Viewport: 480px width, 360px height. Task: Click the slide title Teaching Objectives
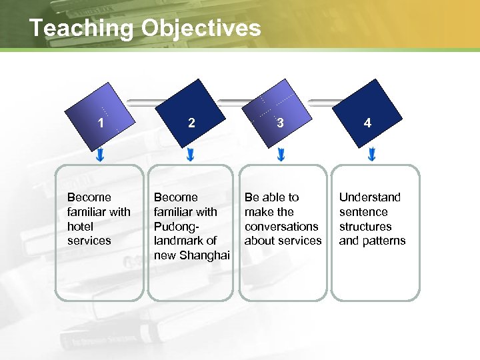[145, 28]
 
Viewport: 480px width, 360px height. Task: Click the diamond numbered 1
[101, 114]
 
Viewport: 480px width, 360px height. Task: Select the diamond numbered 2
[192, 114]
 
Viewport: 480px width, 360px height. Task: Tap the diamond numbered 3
[280, 114]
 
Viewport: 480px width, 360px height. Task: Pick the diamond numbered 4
[368, 114]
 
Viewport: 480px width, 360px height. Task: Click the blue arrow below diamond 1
[100, 155]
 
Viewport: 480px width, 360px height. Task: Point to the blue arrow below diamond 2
[191, 155]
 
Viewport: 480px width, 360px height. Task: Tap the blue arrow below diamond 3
[281, 155]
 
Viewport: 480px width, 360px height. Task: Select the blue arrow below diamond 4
[371, 155]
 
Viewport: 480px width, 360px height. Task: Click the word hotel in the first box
[80, 226]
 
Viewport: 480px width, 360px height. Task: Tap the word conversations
[281, 226]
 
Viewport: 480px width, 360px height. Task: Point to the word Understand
[370, 197]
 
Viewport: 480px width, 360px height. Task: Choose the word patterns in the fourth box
[384, 241]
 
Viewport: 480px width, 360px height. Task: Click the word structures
[365, 226]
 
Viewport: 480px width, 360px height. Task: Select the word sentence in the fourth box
[363, 212]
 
